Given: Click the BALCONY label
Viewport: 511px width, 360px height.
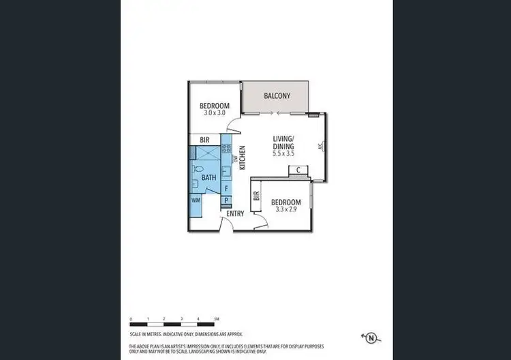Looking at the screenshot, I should pyautogui.click(x=277, y=96).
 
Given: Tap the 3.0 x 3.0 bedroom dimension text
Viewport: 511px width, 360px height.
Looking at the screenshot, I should pyautogui.click(x=214, y=112).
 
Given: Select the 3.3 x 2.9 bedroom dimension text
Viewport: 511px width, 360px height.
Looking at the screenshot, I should pyautogui.click(x=286, y=209).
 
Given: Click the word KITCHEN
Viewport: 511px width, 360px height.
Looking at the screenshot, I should pyautogui.click(x=242, y=164).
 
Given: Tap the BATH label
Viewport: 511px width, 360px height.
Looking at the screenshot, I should pyautogui.click(x=208, y=177).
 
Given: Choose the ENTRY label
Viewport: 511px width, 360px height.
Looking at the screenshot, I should pyautogui.click(x=235, y=213).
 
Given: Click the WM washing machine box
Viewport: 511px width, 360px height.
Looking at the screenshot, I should pyautogui.click(x=196, y=200).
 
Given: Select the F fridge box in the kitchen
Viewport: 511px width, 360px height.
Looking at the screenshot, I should pyautogui.click(x=226, y=188).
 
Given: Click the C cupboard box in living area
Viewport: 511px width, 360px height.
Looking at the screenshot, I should pyautogui.click(x=298, y=170).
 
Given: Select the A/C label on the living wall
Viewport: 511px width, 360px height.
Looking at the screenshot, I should pyautogui.click(x=320, y=147).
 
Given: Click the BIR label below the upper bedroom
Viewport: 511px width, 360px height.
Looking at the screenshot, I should pyautogui.click(x=204, y=140).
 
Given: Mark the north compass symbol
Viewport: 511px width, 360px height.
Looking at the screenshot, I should pyautogui.click(x=371, y=336).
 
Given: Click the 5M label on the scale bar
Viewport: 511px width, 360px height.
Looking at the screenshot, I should pyautogui.click(x=215, y=319).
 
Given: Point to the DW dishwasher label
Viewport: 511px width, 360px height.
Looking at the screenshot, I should pyautogui.click(x=235, y=161).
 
